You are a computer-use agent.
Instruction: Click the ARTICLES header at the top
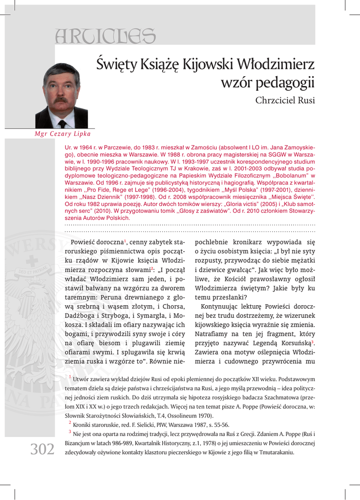106,35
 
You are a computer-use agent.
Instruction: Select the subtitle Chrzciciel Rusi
285,101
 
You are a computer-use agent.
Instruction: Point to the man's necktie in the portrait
62,123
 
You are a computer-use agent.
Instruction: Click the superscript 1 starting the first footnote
70,377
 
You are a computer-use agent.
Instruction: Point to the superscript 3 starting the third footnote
70,432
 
